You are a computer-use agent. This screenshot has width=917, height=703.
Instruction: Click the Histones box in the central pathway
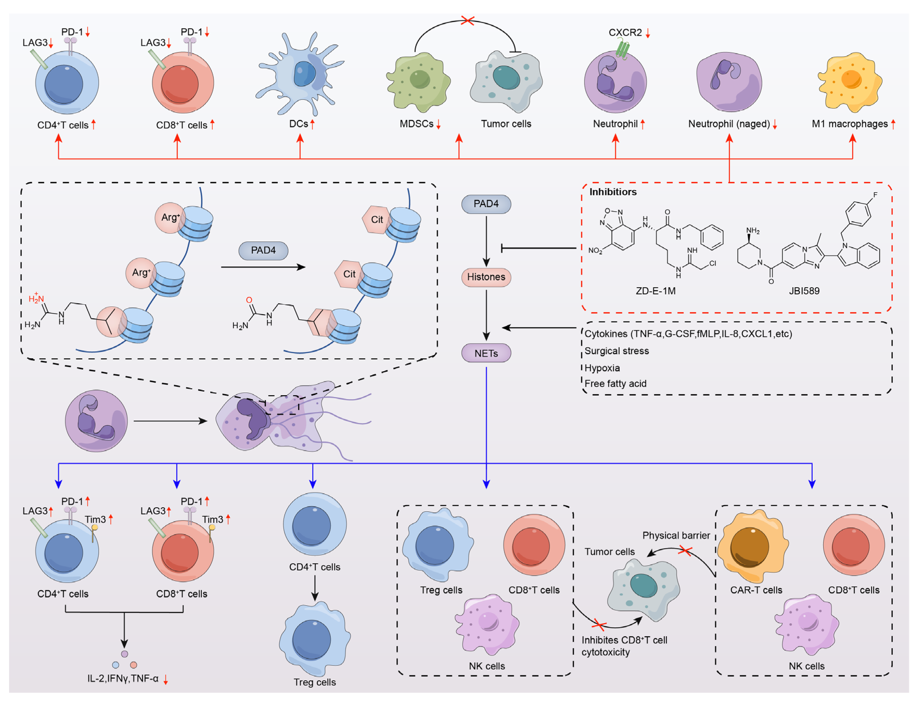tap(486, 277)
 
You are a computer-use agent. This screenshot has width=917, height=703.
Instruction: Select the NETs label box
tap(486, 353)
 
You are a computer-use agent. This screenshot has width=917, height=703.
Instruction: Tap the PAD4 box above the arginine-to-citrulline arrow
tap(263, 250)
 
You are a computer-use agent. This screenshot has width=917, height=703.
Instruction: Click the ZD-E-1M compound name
tap(655, 291)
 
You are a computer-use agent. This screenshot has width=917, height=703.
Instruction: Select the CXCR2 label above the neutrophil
tap(625, 33)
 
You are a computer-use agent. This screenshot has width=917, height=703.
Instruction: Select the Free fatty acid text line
tap(615, 384)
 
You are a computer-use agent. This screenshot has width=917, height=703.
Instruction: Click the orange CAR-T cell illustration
tap(752, 546)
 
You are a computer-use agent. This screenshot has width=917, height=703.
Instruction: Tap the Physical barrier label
tap(676, 536)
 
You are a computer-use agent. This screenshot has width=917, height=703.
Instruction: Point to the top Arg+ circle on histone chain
tap(169, 218)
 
